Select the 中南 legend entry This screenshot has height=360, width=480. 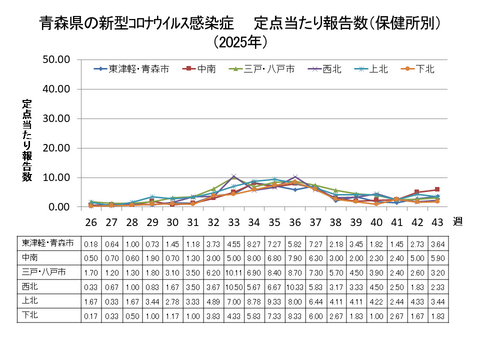pyautogui.click(x=205, y=69)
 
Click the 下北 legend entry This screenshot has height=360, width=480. pyautogui.click(x=425, y=69)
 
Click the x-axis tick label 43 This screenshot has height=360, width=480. pyautogui.click(x=435, y=221)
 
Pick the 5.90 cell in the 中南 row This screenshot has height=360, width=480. pyautogui.click(x=435, y=256)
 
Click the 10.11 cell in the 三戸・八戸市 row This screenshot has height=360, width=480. pyautogui.click(x=233, y=270)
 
